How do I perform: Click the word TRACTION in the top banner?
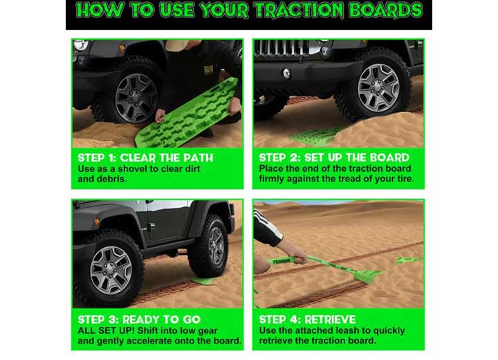click(x=299, y=10)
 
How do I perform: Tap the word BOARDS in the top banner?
click(x=385, y=10)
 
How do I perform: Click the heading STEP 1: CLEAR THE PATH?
click(x=145, y=158)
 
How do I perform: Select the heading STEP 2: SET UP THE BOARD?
click(x=334, y=158)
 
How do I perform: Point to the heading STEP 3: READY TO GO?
click(x=139, y=319)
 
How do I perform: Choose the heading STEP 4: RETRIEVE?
click(x=307, y=319)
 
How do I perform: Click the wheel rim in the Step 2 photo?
click(x=378, y=87)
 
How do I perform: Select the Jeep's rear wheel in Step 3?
click(x=209, y=245)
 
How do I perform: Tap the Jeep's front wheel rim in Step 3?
click(x=111, y=270)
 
